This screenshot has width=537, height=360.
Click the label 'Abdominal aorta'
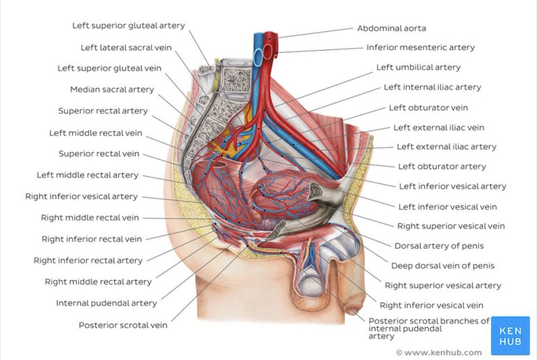click(x=391, y=28)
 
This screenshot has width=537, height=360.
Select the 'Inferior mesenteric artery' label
click(x=420, y=47)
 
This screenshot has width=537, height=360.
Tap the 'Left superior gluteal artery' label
click(x=128, y=26)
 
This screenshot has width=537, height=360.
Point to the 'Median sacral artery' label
click(x=112, y=90)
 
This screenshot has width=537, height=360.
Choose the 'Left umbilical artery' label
click(x=418, y=67)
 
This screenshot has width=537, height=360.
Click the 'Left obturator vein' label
click(x=428, y=107)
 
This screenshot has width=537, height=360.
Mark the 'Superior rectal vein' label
click(x=99, y=154)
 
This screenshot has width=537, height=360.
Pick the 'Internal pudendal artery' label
click(x=106, y=303)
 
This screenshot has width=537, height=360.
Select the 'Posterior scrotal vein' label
click(x=123, y=325)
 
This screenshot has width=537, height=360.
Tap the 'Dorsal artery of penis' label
click(x=439, y=246)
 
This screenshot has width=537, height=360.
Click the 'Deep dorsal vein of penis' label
click(x=443, y=266)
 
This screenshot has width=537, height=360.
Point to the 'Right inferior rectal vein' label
click(x=91, y=239)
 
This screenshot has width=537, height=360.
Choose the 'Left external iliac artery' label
click(x=446, y=146)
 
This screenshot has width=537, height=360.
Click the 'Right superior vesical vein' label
click(x=451, y=226)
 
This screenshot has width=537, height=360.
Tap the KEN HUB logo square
click(x=510, y=335)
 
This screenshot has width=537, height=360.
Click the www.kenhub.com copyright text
click(x=439, y=352)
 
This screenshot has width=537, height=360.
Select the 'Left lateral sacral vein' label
click(x=126, y=47)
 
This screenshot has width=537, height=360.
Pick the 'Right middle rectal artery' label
click(x=98, y=282)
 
